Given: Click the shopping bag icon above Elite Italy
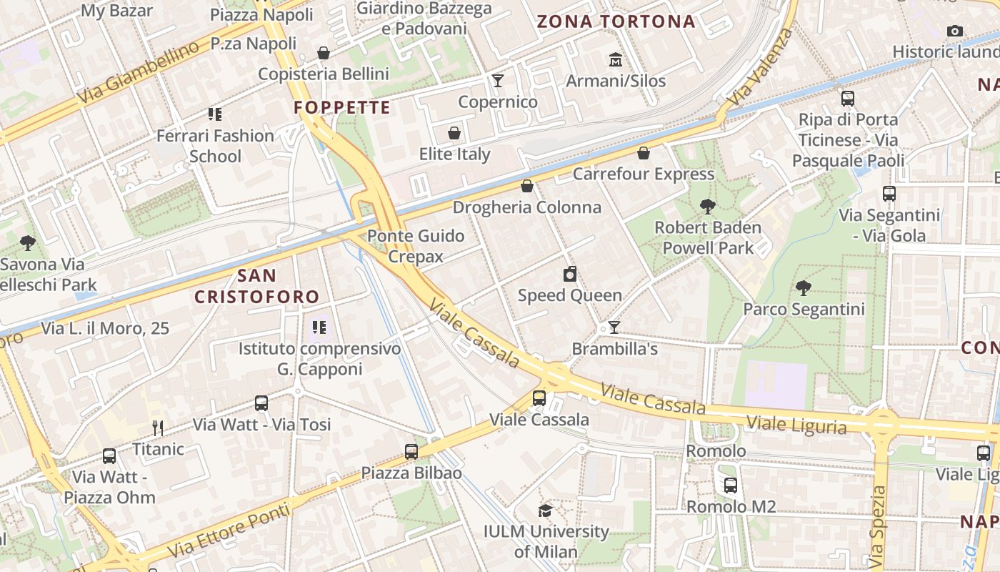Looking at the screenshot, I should (454, 133).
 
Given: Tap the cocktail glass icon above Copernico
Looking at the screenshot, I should (498, 81).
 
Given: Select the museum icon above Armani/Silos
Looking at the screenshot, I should (615, 60).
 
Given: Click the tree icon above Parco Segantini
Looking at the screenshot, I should (804, 288).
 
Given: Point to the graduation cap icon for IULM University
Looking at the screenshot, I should (545, 511).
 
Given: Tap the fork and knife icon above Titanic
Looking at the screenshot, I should (158, 428).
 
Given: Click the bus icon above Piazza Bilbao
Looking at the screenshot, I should (411, 452).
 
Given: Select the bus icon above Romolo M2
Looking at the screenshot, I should (731, 485).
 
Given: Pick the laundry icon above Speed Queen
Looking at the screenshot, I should (570, 274).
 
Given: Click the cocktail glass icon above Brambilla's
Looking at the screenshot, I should (614, 327).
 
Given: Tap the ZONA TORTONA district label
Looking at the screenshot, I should (616, 21).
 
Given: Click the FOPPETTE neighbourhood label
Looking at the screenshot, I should (342, 108).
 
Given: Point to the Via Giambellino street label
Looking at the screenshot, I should (139, 72).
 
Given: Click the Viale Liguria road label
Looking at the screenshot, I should (796, 425).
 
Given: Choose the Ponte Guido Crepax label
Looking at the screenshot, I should (416, 246).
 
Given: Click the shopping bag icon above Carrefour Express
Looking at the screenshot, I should (644, 153).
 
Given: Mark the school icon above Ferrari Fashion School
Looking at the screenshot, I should (215, 114).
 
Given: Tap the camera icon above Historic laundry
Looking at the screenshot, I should (954, 31).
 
